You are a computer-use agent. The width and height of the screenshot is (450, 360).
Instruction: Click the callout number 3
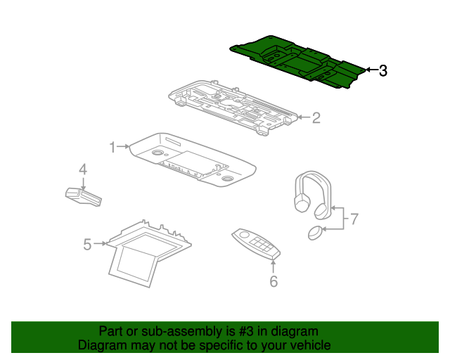click(x=383, y=71)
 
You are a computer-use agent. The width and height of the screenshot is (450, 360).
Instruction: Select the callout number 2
click(x=316, y=117)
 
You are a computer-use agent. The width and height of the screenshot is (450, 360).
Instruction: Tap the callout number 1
click(x=112, y=146)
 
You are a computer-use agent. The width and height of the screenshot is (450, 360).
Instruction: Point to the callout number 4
click(x=82, y=169)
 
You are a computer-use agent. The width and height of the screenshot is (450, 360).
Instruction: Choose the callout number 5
click(x=87, y=244)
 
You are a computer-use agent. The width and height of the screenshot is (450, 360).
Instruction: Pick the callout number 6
click(x=274, y=282)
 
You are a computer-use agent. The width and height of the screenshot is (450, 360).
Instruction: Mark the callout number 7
click(x=354, y=219)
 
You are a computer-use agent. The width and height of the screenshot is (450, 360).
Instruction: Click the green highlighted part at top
click(x=295, y=60)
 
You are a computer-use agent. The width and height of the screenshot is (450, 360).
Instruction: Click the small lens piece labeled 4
click(x=83, y=195)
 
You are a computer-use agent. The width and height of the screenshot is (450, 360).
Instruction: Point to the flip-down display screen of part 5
click(x=135, y=260)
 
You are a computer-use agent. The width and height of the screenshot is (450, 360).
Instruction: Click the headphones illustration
click(x=311, y=193)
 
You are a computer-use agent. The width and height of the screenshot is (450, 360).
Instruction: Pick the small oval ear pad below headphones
click(x=316, y=232)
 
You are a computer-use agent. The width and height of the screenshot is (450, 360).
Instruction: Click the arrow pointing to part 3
click(x=371, y=70)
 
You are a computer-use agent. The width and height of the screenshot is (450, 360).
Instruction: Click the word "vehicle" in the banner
click(x=309, y=345)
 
